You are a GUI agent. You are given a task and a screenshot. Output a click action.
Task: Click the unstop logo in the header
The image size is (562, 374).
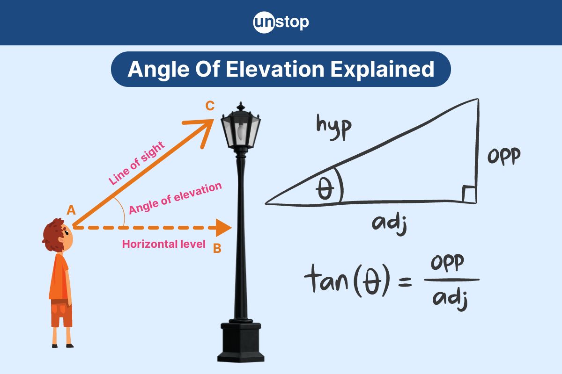point(281,22)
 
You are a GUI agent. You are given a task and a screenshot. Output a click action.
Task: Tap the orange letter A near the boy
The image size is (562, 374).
point(71,210)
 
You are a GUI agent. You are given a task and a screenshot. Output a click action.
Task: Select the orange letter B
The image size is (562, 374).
point(217,249)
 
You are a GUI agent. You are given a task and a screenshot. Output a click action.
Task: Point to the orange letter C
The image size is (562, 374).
point(210,106)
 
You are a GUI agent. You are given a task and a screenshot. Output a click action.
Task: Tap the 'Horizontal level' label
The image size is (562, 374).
point(163,244)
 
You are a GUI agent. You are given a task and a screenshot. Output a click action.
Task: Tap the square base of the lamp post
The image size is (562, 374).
point(241,344)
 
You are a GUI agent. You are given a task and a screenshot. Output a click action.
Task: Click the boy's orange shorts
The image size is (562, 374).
point(61,314)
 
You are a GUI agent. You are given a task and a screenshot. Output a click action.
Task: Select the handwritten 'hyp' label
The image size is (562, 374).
point(333,127)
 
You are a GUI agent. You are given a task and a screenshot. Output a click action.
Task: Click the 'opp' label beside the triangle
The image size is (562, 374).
point(503,157)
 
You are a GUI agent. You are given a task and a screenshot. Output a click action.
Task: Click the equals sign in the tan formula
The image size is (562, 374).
point(404,282)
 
